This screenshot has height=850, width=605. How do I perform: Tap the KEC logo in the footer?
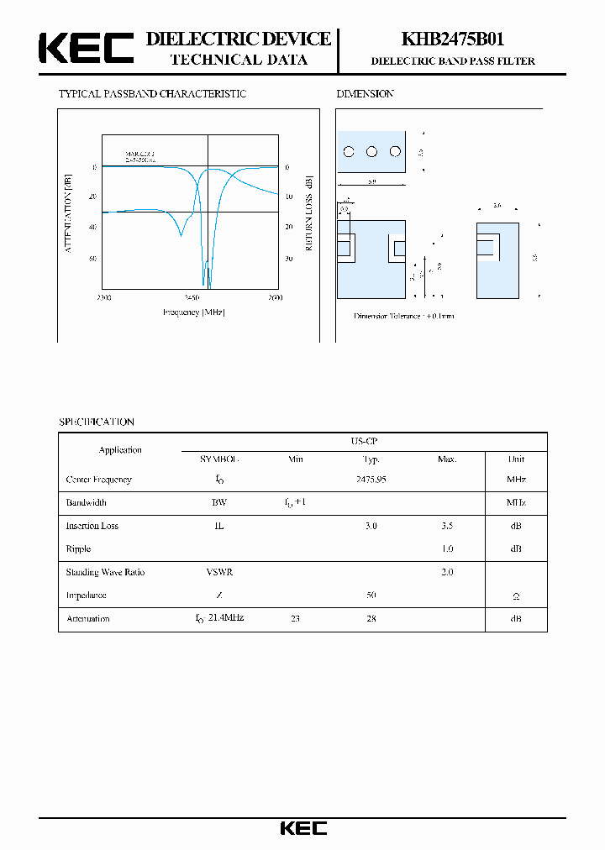[x=303, y=828]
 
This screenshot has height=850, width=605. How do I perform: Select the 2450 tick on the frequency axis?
[x=192, y=298]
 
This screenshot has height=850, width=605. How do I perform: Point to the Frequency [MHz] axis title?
[x=193, y=312]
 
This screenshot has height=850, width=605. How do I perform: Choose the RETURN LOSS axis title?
[x=308, y=213]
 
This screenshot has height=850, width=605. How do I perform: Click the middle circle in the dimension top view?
[x=371, y=152]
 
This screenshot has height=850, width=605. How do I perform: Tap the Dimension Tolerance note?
[x=403, y=316]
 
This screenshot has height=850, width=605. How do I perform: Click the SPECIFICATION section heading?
[x=96, y=422]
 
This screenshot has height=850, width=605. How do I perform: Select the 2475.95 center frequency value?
[x=371, y=480]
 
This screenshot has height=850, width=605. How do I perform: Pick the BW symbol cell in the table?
[x=219, y=502]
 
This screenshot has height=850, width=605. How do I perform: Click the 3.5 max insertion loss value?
[x=446, y=526]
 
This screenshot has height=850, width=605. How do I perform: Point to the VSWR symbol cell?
[x=219, y=572]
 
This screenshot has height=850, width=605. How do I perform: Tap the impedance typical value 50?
[x=371, y=595]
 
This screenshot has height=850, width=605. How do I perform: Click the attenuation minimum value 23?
[x=295, y=618]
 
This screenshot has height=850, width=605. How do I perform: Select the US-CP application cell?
[x=364, y=441]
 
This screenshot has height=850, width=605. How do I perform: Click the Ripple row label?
[x=78, y=548]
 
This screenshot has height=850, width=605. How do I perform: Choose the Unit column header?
[x=516, y=459]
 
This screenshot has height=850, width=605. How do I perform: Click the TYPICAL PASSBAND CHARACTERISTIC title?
[x=152, y=94]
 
